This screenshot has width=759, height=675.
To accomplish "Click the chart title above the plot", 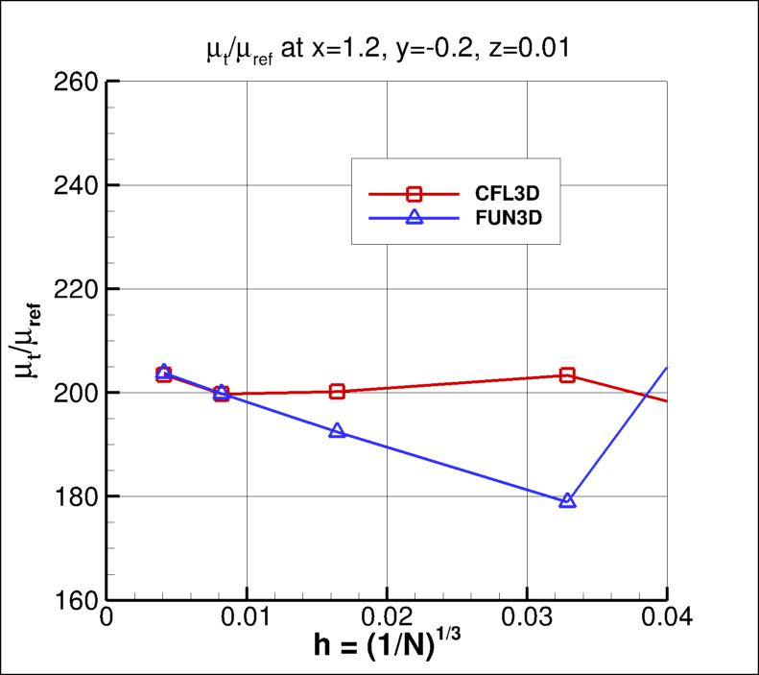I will [x=386, y=49].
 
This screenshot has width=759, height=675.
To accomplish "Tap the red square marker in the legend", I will [x=415, y=193].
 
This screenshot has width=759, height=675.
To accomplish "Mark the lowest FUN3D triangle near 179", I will [x=567, y=500].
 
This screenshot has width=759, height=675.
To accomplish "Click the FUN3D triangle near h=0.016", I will [x=337, y=431].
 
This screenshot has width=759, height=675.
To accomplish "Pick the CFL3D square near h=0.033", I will [x=567, y=375].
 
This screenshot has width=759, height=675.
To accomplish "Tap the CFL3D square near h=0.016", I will [x=337, y=391].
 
